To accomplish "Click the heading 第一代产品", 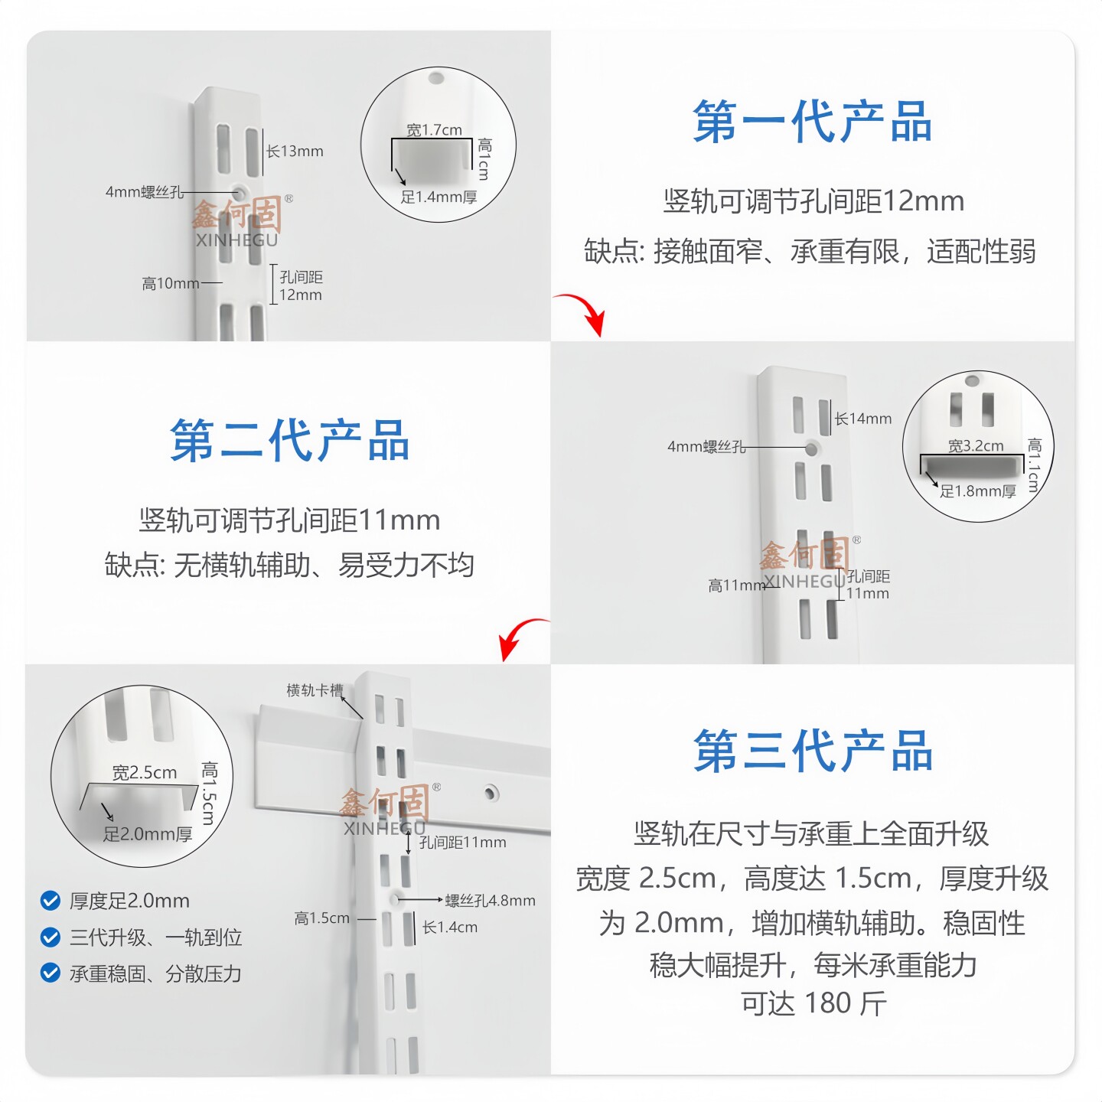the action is tap(812, 122).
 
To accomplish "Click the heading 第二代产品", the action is tap(289, 442).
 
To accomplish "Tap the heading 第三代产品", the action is tap(813, 752).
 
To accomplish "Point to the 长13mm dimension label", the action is tap(295, 152).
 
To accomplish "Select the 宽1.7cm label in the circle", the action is tap(434, 130).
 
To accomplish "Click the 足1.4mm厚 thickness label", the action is tap(439, 197).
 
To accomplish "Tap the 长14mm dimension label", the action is tap(863, 419).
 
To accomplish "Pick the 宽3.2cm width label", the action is tap(976, 445).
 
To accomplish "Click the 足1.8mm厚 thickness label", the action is tap(977, 491).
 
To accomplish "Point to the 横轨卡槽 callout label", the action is tap(315, 690).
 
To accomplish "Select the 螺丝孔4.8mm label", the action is tap(490, 901).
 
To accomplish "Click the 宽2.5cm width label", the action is tap(145, 773).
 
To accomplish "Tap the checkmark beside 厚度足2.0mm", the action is tap(51, 901).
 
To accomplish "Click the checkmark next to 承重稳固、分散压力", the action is tap(51, 973).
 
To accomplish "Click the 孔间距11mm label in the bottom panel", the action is tap(462, 843).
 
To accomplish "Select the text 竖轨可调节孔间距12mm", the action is tap(813, 201).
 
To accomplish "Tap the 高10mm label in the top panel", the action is tap(171, 284).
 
